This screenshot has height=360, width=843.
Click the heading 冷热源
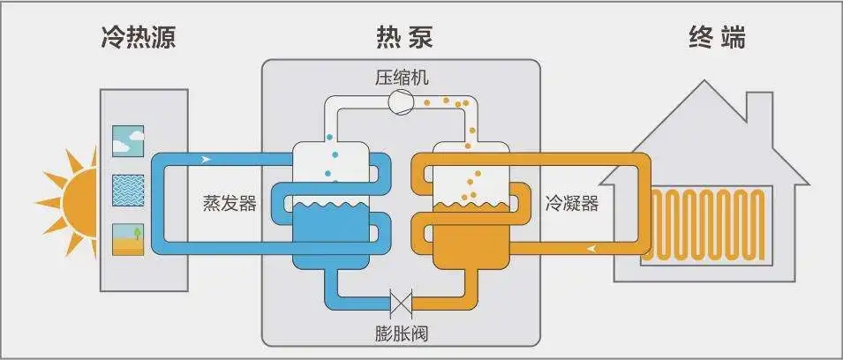click(x=144, y=38)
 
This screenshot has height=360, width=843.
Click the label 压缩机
click(x=401, y=78)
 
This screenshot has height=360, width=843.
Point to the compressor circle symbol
click(x=401, y=102)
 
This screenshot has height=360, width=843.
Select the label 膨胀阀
click(x=401, y=334)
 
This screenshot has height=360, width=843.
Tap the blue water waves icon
click(x=129, y=190)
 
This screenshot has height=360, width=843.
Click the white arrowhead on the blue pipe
click(x=207, y=160)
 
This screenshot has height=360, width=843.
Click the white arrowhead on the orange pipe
click(x=589, y=248)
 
